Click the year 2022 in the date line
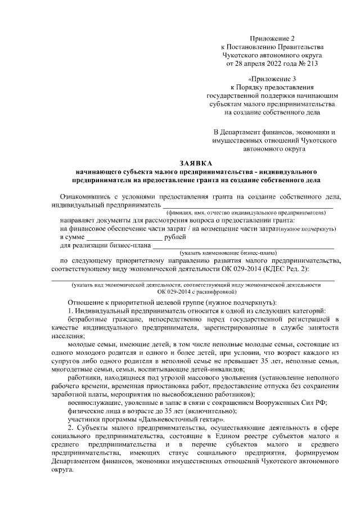[273, 64]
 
